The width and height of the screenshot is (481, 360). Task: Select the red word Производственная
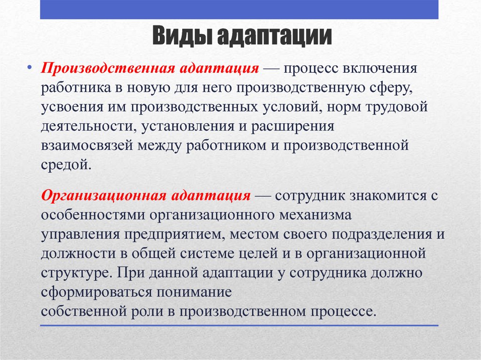pyautogui.click(x=108, y=68)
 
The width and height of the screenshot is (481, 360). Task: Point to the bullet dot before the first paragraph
pyautogui.click(x=30, y=68)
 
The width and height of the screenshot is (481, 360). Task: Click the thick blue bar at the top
pyautogui.click(x=239, y=9)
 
